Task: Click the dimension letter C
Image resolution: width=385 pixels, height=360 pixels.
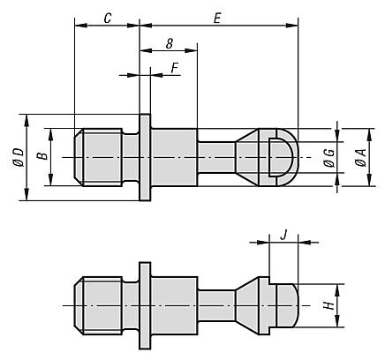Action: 108,19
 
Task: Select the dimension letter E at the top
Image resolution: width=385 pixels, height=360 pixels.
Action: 217,19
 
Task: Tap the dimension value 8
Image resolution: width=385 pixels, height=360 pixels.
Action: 169,44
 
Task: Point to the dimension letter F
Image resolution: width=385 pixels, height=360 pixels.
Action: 175,69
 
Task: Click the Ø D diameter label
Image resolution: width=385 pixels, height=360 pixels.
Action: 19,158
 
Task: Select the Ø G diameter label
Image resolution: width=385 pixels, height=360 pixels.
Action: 330,158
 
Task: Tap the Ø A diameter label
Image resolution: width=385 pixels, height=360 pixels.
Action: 361,158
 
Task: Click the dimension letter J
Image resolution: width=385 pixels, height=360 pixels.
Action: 283,236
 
